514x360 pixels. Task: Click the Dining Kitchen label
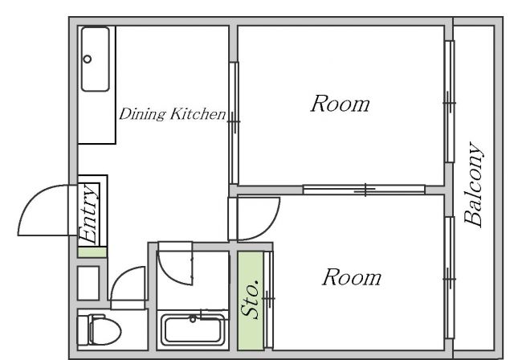pyautogui.click(x=173, y=114)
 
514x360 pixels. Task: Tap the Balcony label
pyautogui.click(x=474, y=185)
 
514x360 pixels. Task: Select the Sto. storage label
pyautogui.click(x=251, y=300)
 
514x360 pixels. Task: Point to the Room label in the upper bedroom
pyautogui.click(x=340, y=104)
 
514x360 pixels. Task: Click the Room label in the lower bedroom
pyautogui.click(x=352, y=277)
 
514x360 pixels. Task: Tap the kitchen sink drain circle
pyautogui.click(x=88, y=59)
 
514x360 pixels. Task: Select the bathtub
pyautogui.click(x=193, y=329)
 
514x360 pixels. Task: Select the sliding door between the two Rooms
pyautogui.click(x=364, y=190)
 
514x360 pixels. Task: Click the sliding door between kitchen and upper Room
pyautogui.click(x=234, y=123)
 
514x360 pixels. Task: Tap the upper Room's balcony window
pyautogui.click(x=450, y=101)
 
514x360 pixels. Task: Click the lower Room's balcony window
pyautogui.click(x=450, y=278)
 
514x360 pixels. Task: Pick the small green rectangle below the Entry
pyautogui.click(x=92, y=252)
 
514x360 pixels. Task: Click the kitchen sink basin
pyautogui.click(x=96, y=59)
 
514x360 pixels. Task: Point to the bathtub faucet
pyautogui.click(x=193, y=318)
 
